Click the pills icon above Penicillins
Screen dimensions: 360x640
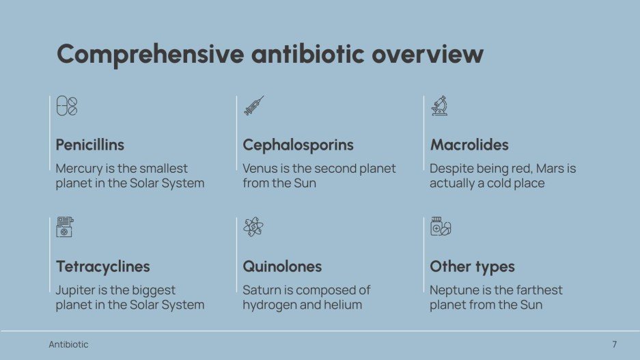(66, 106)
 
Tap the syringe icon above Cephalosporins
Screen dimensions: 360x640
(253, 106)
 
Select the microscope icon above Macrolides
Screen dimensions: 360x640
(440, 106)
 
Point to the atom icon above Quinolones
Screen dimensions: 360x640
(253, 227)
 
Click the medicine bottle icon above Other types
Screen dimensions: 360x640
(441, 227)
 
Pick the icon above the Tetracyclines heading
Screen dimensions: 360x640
(66, 227)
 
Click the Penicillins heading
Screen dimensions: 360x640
(90, 145)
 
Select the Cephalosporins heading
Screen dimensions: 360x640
(298, 145)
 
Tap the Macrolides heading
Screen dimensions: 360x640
(469, 145)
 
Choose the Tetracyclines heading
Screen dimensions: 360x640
(102, 266)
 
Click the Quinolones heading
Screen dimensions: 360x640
(282, 266)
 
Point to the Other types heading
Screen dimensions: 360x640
(472, 266)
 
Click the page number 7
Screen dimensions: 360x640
(614, 344)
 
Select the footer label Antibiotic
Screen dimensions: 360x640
(68, 344)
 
